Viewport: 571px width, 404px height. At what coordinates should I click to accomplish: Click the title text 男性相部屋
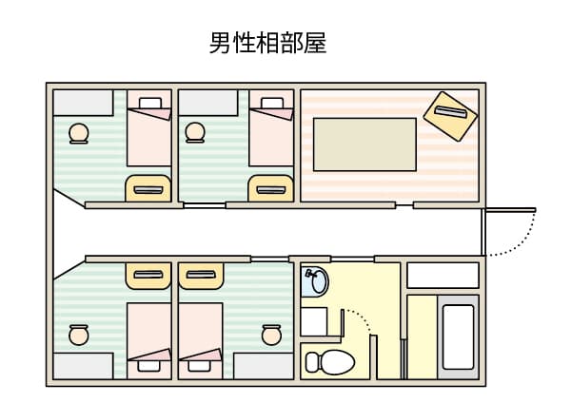pyautogui.click(x=267, y=43)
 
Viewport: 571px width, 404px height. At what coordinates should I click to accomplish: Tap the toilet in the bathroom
pyautogui.click(x=330, y=362)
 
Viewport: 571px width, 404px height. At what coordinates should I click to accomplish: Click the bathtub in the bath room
pyautogui.click(x=458, y=337)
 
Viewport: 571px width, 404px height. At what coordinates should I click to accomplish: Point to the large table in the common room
pyautogui.click(x=364, y=144)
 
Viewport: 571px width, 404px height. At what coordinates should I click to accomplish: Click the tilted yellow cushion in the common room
pyautogui.click(x=450, y=116)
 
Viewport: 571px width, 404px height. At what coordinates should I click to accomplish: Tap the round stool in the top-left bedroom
pyautogui.click(x=79, y=133)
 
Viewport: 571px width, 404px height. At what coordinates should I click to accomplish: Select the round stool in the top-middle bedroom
pyautogui.click(x=195, y=132)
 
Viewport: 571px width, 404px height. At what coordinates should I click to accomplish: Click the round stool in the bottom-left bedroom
pyautogui.click(x=79, y=335)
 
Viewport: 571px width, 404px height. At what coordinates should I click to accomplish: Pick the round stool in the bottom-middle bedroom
pyautogui.click(x=271, y=335)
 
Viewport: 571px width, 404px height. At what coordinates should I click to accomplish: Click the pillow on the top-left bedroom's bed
pyautogui.click(x=150, y=103)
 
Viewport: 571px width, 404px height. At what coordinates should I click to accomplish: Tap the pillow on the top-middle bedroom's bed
pyautogui.click(x=272, y=103)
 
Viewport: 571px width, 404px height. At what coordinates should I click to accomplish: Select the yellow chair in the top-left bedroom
pyautogui.click(x=148, y=188)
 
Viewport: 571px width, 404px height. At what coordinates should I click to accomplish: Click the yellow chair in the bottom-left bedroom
pyautogui.click(x=148, y=276)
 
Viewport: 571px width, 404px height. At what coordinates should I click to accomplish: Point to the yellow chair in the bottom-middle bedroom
pyautogui.click(x=201, y=276)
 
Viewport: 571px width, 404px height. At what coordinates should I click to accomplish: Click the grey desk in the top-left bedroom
pyautogui.click(x=83, y=103)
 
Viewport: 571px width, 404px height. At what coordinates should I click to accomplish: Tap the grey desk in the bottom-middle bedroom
pyautogui.click(x=264, y=366)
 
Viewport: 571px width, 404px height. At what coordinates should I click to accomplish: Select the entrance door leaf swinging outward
pyautogui.click(x=509, y=210)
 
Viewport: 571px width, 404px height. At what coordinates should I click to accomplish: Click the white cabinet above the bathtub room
pyautogui.click(x=443, y=276)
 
